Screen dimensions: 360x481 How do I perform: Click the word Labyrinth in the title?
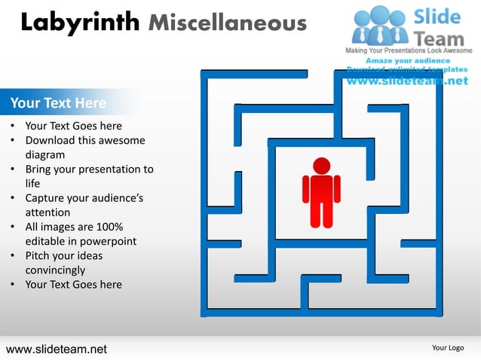(x=80, y=23)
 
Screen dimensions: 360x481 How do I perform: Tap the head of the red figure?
(x=322, y=166)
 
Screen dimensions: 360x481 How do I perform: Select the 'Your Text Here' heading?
(x=58, y=102)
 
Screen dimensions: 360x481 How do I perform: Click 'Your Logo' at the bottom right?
(x=448, y=347)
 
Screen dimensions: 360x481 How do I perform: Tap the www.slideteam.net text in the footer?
(x=57, y=349)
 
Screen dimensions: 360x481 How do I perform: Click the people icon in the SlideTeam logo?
(x=381, y=25)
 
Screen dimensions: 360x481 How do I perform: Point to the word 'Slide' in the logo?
(x=440, y=16)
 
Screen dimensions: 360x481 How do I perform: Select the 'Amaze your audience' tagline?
(x=408, y=60)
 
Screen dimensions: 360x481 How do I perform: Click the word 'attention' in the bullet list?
(x=47, y=212)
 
